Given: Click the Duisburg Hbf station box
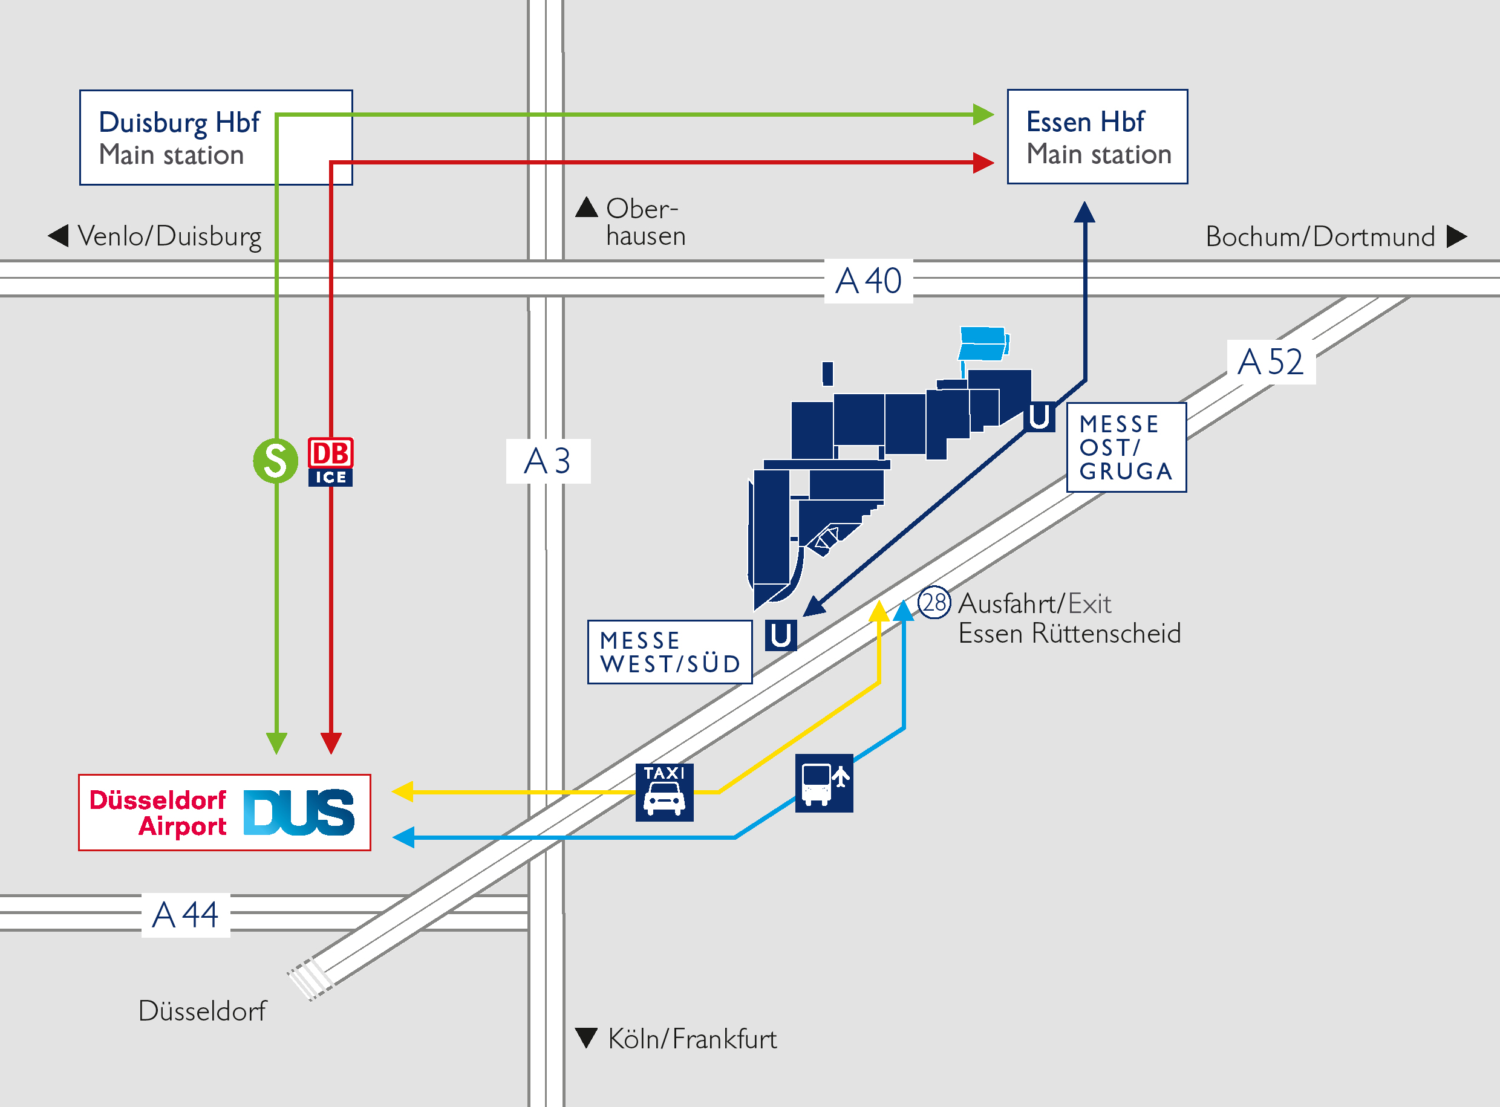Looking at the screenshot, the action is click(216, 137).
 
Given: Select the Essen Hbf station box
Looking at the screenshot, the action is click(1097, 137).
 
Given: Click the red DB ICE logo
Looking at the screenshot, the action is click(330, 462).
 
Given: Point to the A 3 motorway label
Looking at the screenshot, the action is click(547, 461).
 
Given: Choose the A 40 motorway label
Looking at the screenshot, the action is click(868, 281).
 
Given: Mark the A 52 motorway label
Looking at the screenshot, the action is click(1271, 362).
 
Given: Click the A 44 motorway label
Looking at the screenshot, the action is click(186, 915).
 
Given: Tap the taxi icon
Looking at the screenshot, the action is click(664, 792).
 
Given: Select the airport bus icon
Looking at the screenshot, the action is click(824, 783).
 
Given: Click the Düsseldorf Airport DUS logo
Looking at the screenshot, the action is click(224, 812).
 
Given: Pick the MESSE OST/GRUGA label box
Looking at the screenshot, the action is click(1126, 447).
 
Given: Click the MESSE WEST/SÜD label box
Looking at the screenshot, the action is click(670, 652).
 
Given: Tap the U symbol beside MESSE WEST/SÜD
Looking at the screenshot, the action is click(781, 635).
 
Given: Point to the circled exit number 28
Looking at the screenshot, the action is click(934, 602).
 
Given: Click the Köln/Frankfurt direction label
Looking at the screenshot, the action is click(676, 1039).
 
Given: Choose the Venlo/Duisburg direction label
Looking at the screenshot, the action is click(155, 236).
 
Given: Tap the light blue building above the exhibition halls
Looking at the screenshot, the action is click(983, 344).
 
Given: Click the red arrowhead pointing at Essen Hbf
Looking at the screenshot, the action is click(983, 162).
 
